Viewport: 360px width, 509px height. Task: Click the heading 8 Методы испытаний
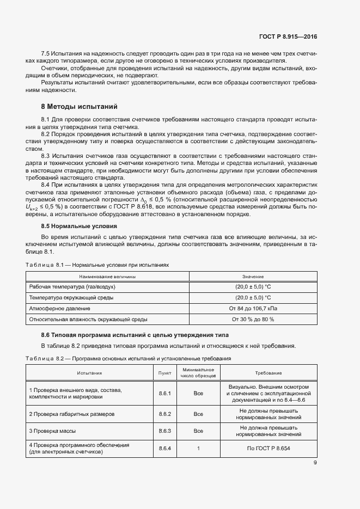[x=79, y=106]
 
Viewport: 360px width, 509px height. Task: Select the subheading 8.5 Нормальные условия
[x=79, y=225]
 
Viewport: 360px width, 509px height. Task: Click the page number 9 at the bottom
[x=315, y=463]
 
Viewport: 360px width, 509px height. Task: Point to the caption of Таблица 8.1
[x=97, y=265]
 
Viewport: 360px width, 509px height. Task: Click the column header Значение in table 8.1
[x=253, y=277]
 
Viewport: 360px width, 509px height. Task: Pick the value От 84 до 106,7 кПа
[x=253, y=309]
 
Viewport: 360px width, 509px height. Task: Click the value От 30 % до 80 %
[x=253, y=320]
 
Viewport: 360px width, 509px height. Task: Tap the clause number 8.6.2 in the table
[x=164, y=414]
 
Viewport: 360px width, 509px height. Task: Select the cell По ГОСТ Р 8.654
[x=269, y=449]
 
